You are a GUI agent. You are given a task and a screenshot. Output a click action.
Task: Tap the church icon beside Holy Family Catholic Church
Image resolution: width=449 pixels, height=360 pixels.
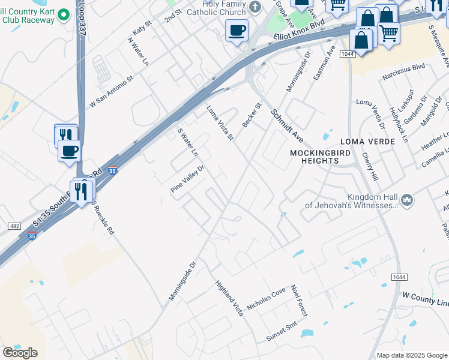coord(256,7)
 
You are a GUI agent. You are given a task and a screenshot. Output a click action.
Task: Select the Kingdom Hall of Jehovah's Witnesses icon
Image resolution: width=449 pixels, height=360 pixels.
coord(407,200)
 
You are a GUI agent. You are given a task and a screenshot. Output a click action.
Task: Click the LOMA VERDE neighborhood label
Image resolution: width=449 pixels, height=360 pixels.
coord(367,142)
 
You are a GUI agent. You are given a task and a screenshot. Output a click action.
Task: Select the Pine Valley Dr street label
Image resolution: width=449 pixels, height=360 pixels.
coord(187,179)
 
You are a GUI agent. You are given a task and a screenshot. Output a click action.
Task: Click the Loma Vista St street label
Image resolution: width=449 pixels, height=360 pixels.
coord(220,124)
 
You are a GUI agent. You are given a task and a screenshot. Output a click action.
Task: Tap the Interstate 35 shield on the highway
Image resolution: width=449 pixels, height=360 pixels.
coord(112,171)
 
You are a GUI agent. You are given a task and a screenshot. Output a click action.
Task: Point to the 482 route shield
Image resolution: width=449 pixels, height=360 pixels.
coord(15,226)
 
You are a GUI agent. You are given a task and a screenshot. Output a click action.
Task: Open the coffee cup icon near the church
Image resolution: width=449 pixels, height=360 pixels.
coord(237,29)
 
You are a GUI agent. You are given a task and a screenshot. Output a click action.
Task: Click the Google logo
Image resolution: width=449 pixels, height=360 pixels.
coord(20,352)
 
